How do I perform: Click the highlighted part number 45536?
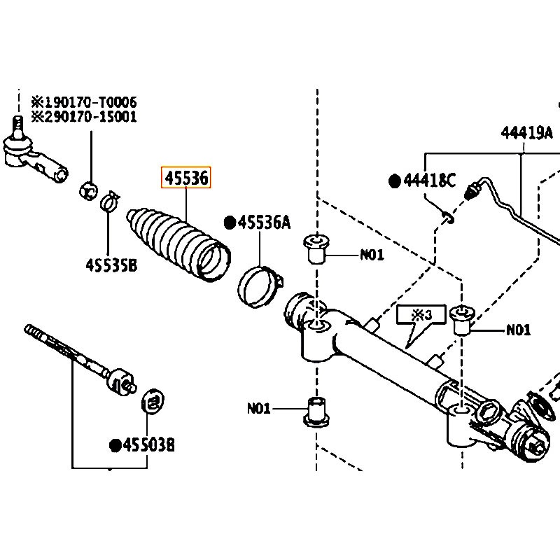(x=186, y=178)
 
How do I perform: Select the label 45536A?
(x=265, y=222)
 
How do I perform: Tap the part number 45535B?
(x=111, y=265)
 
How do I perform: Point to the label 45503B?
(x=148, y=445)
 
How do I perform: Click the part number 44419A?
(x=527, y=132)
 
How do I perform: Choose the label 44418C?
(x=430, y=181)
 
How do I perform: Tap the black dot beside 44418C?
(x=395, y=181)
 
